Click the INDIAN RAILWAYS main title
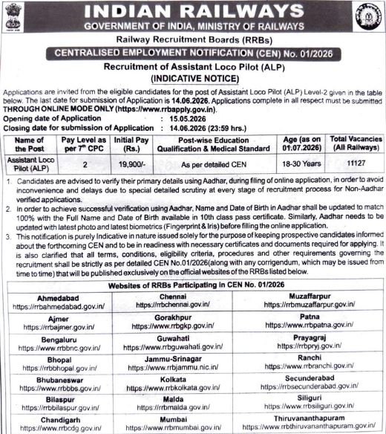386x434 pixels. (x=193, y=11)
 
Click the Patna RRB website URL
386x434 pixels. (x=323, y=326)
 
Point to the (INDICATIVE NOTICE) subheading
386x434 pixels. (x=193, y=77)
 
